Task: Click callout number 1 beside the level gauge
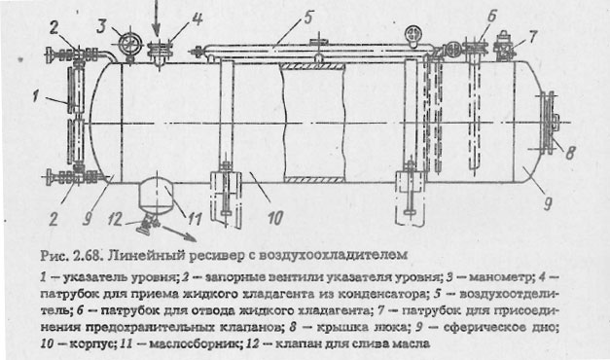click(x=35, y=95)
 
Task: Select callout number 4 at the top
click(x=197, y=17)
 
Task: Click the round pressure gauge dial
click(x=126, y=43)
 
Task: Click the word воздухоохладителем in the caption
click(x=325, y=257)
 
